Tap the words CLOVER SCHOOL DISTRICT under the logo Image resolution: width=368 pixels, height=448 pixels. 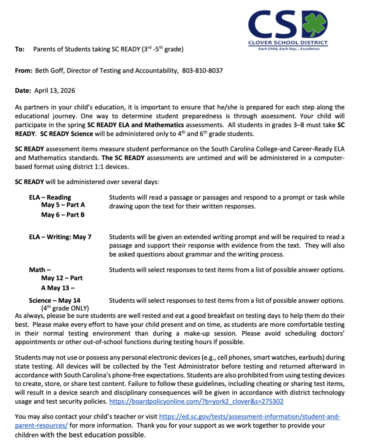tap(288, 43)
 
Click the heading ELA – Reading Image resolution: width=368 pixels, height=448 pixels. tap(50, 197)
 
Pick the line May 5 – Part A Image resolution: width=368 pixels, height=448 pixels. tap(63, 205)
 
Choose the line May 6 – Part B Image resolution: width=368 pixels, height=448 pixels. tap(63, 215)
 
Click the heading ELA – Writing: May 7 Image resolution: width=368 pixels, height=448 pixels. tap(60, 237)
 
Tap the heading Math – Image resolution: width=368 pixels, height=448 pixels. tap(40, 270)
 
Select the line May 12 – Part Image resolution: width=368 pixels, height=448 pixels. tap(62, 278)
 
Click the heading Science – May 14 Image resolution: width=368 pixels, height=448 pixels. tap(55, 301)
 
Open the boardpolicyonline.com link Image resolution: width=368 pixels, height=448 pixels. tap(196, 401)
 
